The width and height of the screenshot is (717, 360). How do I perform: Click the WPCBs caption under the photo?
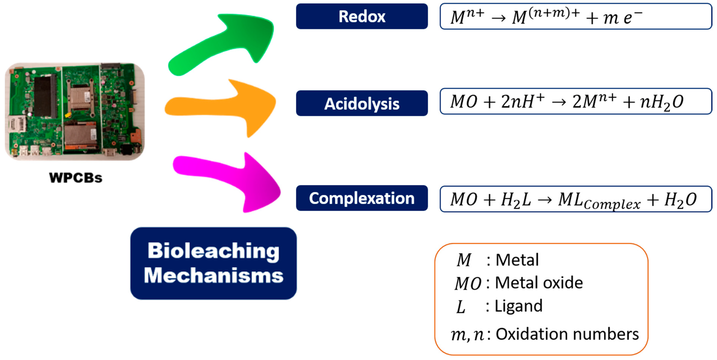coord(76,178)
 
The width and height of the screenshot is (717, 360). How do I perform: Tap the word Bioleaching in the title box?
coord(214,250)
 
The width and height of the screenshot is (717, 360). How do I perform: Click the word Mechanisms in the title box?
coord(214,275)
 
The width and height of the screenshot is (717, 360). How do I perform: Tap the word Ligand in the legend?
coord(518,306)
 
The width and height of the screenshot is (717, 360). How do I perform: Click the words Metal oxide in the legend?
coord(539,283)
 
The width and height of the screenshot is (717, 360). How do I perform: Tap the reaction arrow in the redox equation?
coord(498,18)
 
